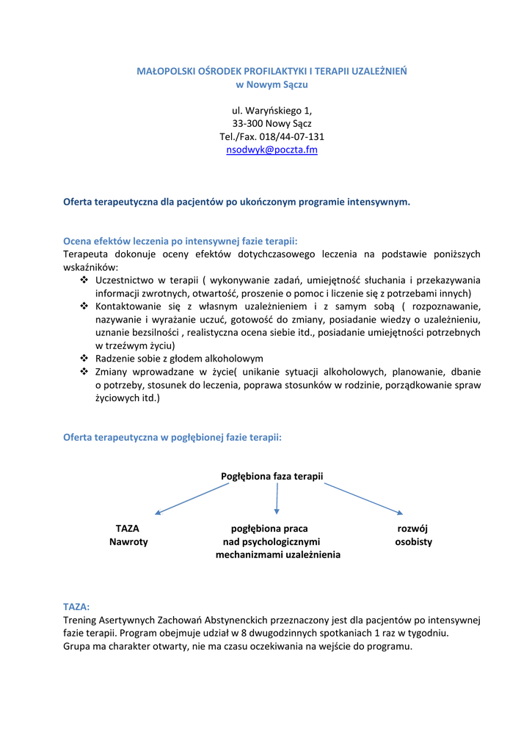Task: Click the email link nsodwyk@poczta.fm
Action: tap(272, 150)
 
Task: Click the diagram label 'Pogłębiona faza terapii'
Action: tap(272, 476)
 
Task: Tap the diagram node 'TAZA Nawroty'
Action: tap(128, 535)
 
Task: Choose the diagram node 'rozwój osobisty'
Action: tap(412, 535)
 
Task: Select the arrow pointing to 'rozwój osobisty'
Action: tap(363, 498)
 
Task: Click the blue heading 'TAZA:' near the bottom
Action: tap(76, 607)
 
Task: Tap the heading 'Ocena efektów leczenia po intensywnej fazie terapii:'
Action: tap(181, 241)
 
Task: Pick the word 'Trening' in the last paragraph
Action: tap(81, 620)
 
